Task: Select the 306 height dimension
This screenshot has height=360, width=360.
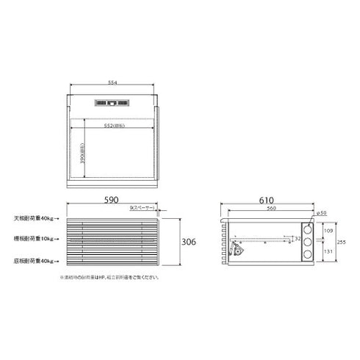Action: (189, 242)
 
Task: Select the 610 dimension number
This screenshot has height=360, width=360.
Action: (268, 201)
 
